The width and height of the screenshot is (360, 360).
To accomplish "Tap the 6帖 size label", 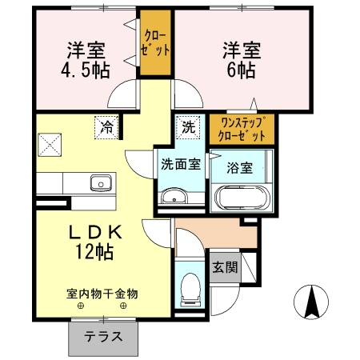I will [x=240, y=70].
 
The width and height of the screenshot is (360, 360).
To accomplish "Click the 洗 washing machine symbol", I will [x=187, y=126].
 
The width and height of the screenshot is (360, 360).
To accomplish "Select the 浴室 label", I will [x=240, y=168].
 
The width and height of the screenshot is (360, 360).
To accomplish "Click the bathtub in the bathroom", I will [x=239, y=197].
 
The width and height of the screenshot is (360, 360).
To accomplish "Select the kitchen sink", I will [x=102, y=183].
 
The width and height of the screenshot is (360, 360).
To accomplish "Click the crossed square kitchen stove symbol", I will [x=50, y=144].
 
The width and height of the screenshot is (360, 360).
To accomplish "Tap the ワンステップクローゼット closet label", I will [x=242, y=129].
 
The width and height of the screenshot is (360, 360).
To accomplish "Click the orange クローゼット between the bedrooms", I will [x=156, y=43].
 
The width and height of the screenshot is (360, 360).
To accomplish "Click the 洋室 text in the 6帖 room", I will [x=240, y=49].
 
